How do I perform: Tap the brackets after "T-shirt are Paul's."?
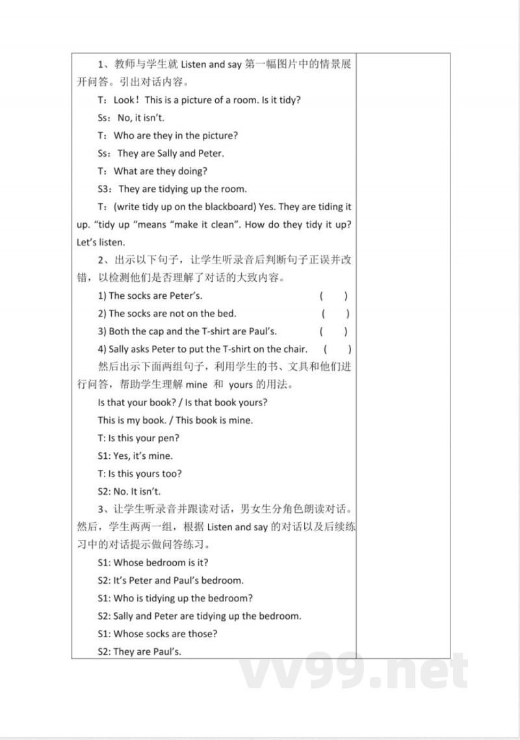click(x=334, y=331)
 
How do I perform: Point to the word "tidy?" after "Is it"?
click(x=289, y=100)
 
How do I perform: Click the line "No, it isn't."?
click(x=141, y=118)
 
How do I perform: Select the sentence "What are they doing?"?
click(x=160, y=171)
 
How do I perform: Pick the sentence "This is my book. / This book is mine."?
click(x=175, y=420)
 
